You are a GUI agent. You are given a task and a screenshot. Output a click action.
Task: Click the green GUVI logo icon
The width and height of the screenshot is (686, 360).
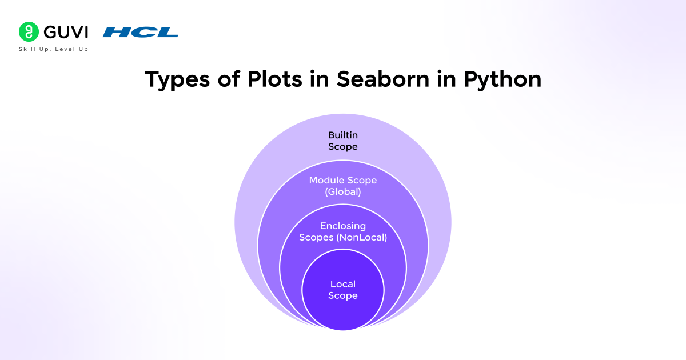click(x=27, y=31)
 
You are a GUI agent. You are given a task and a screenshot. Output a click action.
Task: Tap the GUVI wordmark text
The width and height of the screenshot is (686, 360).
click(x=65, y=32)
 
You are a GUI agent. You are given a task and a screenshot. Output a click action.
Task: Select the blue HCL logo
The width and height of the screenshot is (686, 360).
click(x=141, y=32)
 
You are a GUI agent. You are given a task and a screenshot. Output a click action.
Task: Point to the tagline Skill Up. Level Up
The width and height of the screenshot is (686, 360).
click(x=54, y=49)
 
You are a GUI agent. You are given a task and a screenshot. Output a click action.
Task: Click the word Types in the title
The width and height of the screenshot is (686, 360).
click(x=172, y=80)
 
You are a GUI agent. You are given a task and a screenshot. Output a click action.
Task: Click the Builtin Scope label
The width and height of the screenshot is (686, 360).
click(x=343, y=141)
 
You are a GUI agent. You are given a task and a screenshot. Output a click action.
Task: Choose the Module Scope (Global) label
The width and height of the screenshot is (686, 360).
click(x=343, y=186)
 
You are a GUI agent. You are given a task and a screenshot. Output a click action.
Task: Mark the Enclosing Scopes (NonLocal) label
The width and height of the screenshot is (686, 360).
click(x=343, y=231)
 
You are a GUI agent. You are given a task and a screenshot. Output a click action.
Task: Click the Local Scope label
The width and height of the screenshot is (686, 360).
click(x=343, y=290)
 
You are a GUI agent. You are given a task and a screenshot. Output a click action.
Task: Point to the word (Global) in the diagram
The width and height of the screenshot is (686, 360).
click(x=343, y=192)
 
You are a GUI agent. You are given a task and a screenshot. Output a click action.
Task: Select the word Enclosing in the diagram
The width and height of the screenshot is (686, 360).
click(x=343, y=226)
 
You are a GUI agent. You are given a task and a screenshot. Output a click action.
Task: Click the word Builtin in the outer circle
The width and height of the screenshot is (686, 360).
click(x=343, y=135)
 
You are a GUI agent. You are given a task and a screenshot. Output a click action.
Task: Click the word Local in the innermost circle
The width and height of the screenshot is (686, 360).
click(x=343, y=284)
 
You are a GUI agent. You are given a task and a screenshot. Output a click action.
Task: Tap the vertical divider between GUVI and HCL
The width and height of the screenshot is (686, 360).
click(x=95, y=32)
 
